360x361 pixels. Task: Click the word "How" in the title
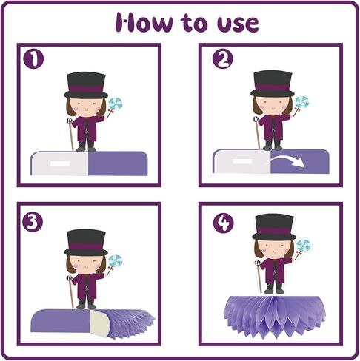pos(144,23)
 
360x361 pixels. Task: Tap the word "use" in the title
pos(238,24)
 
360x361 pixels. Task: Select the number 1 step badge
pos(33,59)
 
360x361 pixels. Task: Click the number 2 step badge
pos(222,58)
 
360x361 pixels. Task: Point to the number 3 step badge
pos(33,221)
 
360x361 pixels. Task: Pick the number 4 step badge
pos(224,223)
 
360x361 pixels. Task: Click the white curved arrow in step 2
pos(287,162)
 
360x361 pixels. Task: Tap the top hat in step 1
pos(86,85)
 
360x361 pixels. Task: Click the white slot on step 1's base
pos(60,163)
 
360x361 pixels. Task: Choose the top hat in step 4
pos(274,227)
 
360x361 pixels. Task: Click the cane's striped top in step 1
pos(69,121)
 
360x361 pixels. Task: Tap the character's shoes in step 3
pos(86,306)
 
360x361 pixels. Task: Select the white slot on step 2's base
pos(242,161)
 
